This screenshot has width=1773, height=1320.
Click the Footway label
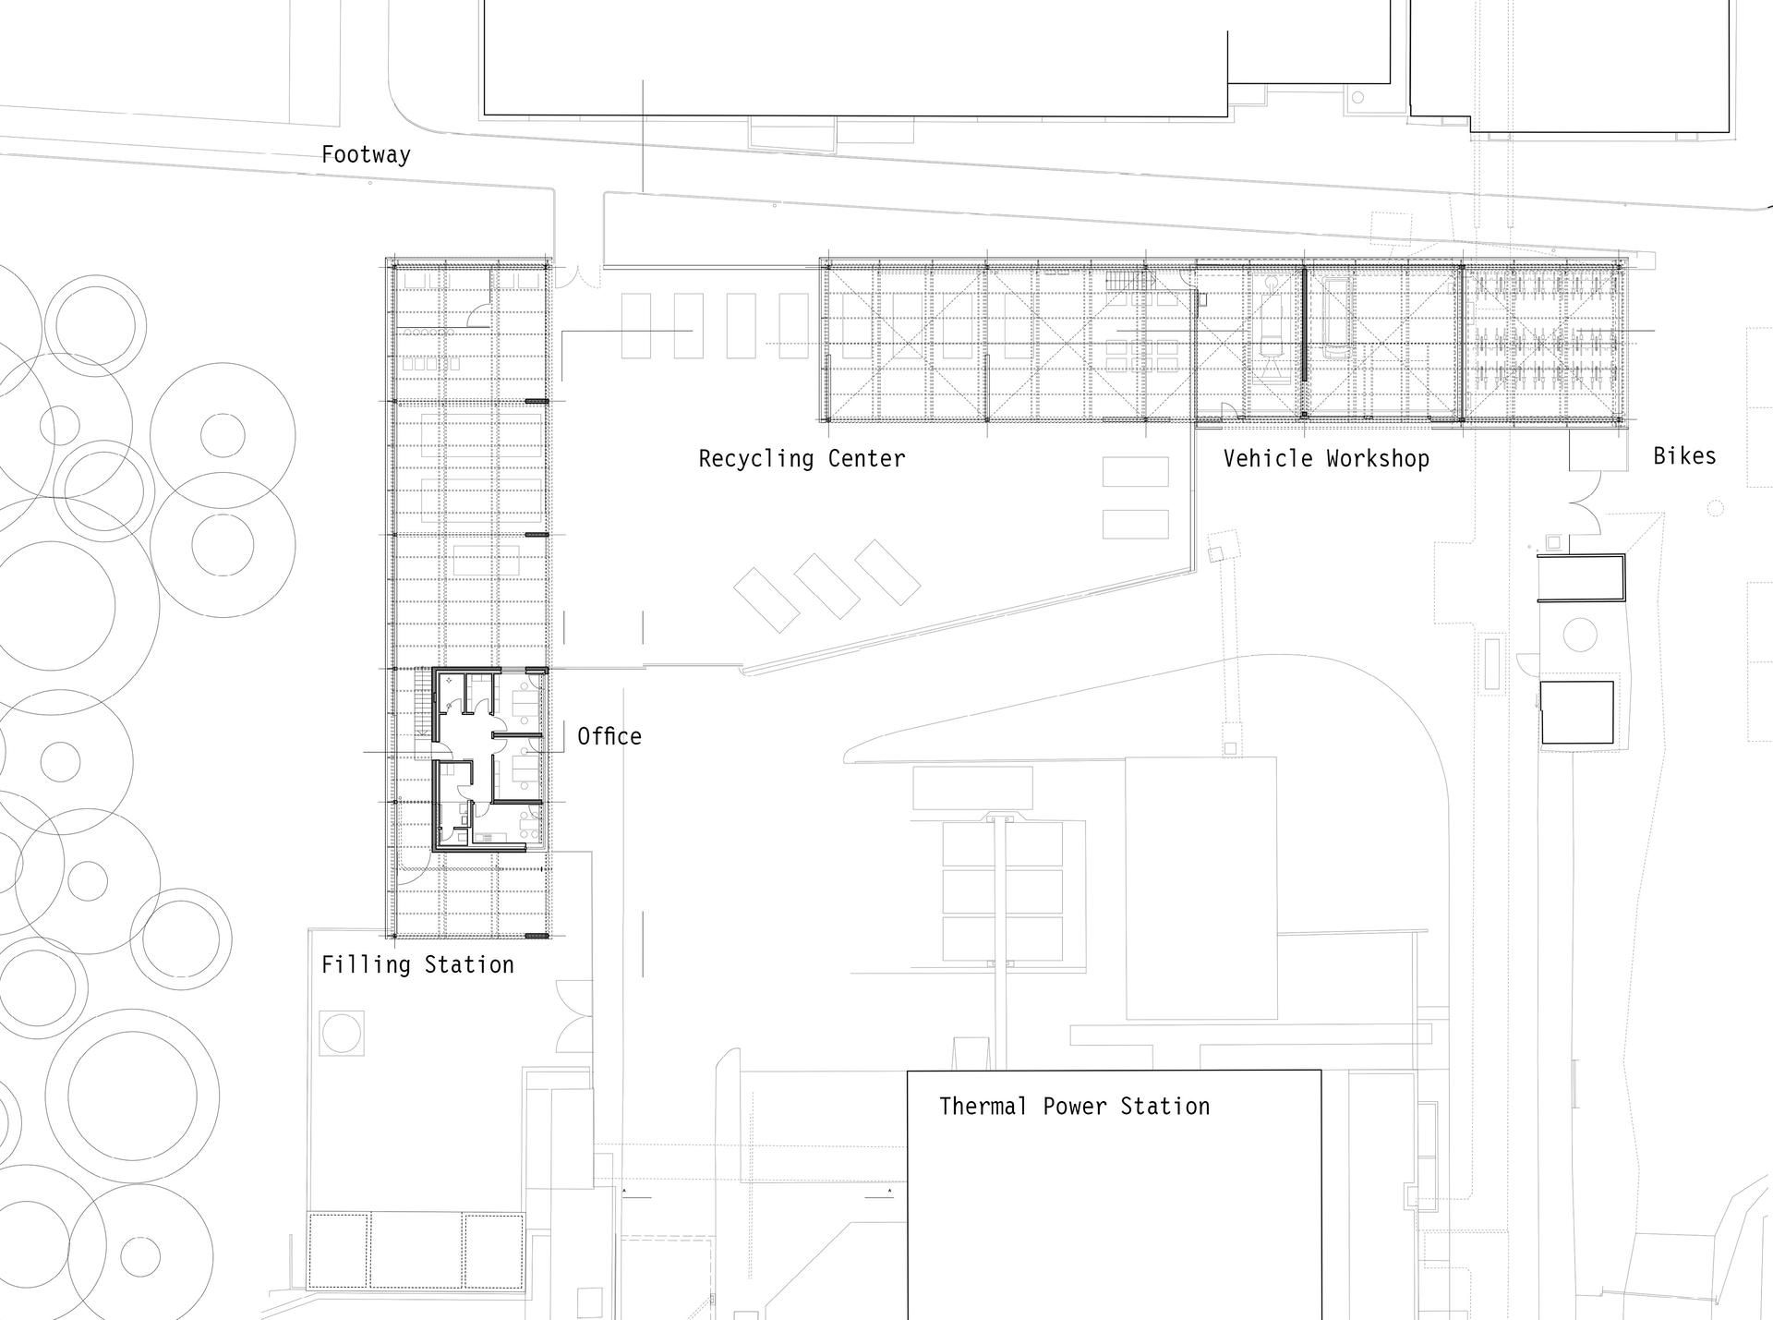366,154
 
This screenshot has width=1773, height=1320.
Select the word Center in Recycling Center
866,458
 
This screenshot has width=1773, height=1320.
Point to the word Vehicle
1268,458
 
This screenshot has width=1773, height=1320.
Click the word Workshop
1378,459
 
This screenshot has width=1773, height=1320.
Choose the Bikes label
1684,455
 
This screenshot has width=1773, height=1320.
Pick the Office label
609,736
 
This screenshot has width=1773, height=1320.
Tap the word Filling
366,965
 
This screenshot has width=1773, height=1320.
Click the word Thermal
983,1106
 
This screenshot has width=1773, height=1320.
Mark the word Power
1074,1106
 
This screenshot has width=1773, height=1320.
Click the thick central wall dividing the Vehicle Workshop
1304,323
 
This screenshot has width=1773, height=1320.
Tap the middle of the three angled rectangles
828,586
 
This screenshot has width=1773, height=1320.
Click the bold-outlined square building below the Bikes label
1577,712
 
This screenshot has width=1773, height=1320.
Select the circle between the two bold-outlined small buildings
1580,635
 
